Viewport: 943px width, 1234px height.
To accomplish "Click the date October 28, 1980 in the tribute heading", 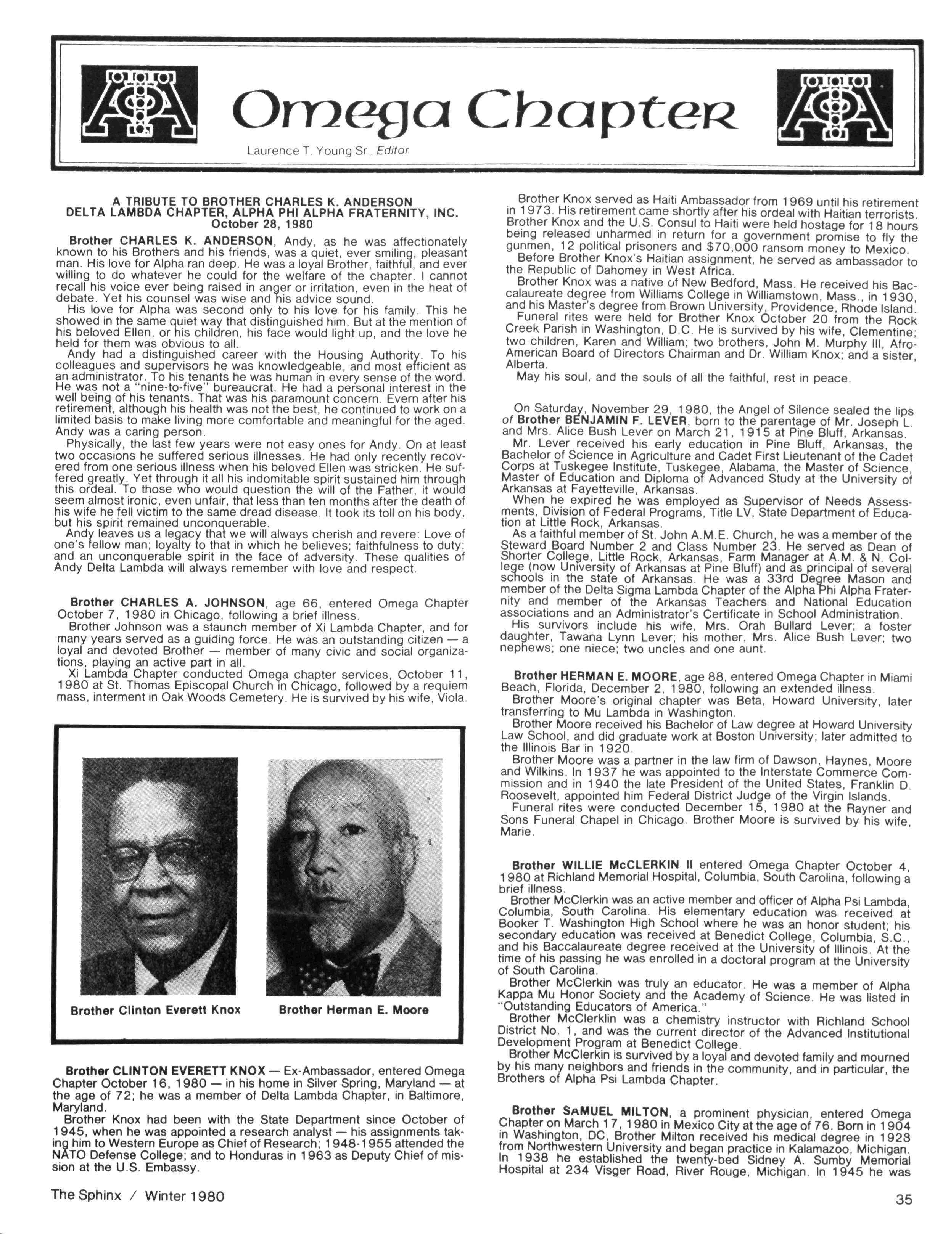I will [x=262, y=223].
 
